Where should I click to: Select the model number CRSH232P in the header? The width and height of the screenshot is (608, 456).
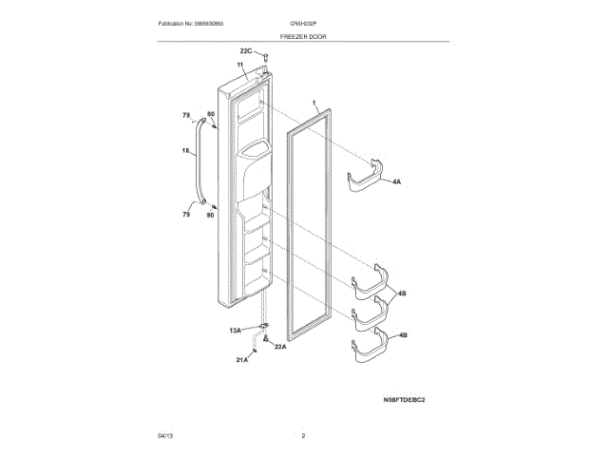coord(303,22)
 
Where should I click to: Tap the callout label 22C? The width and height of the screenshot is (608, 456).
coord(245,50)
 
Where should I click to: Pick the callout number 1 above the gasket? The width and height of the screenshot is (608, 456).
coord(313,102)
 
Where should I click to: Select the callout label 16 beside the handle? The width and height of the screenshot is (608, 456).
coord(186,151)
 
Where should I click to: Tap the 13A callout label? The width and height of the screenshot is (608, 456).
coord(235,331)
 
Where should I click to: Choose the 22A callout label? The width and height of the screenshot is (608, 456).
coord(280,347)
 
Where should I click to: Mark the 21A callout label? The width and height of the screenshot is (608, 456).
coord(241,361)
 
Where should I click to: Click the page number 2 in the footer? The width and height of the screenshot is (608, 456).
coord(303,436)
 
